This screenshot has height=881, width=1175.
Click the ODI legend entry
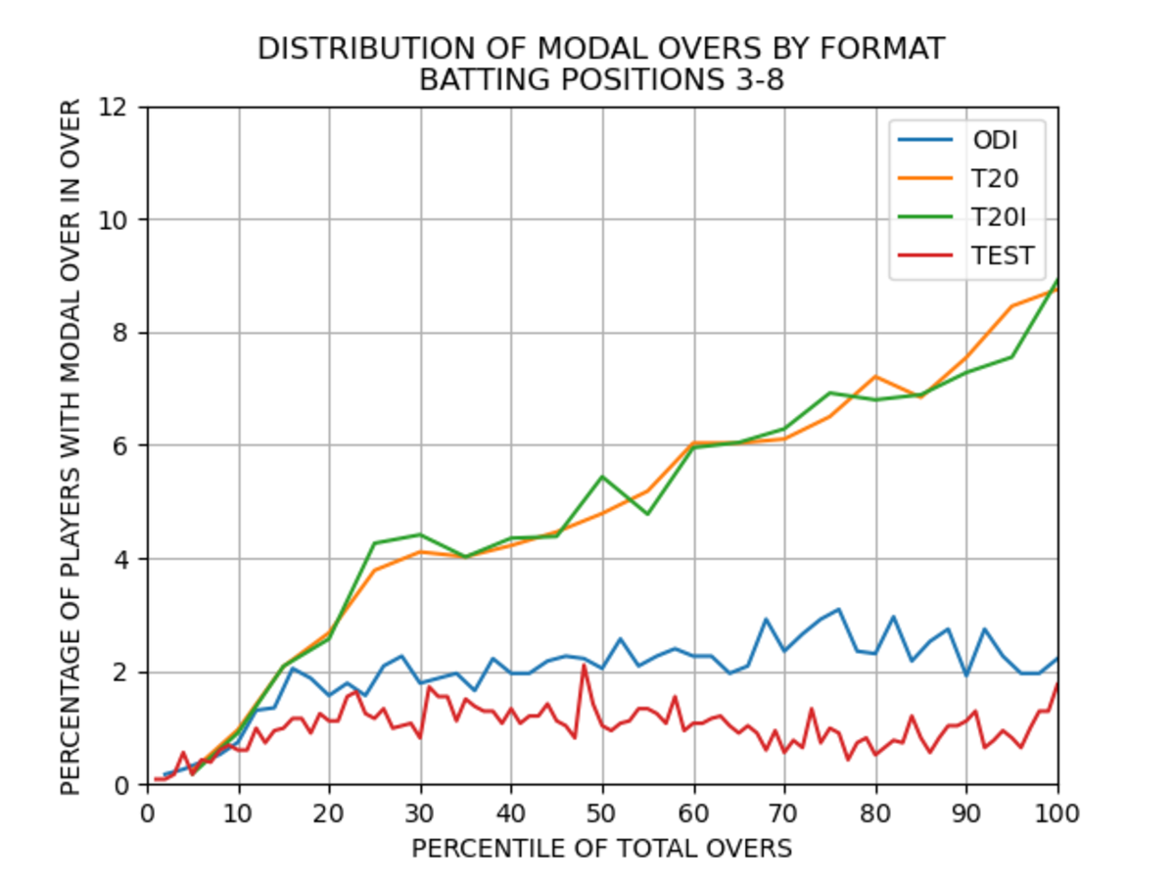(x=994, y=140)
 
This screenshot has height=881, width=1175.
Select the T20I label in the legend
(x=1001, y=217)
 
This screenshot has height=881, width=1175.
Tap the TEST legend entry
(x=1002, y=255)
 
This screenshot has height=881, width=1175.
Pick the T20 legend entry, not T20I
(x=995, y=179)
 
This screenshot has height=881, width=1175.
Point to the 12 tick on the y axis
(x=115, y=107)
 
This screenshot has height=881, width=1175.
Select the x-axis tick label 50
(x=602, y=812)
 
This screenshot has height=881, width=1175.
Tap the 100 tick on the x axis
(x=1057, y=812)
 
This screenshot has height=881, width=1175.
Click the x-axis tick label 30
(x=420, y=812)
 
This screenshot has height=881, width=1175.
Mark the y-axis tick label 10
(x=115, y=219)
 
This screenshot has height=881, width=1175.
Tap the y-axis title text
(x=70, y=445)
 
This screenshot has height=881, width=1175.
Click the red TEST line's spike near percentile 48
(x=584, y=666)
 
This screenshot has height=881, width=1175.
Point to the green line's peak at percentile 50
(x=602, y=477)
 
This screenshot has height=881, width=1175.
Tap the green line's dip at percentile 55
(x=647, y=514)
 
